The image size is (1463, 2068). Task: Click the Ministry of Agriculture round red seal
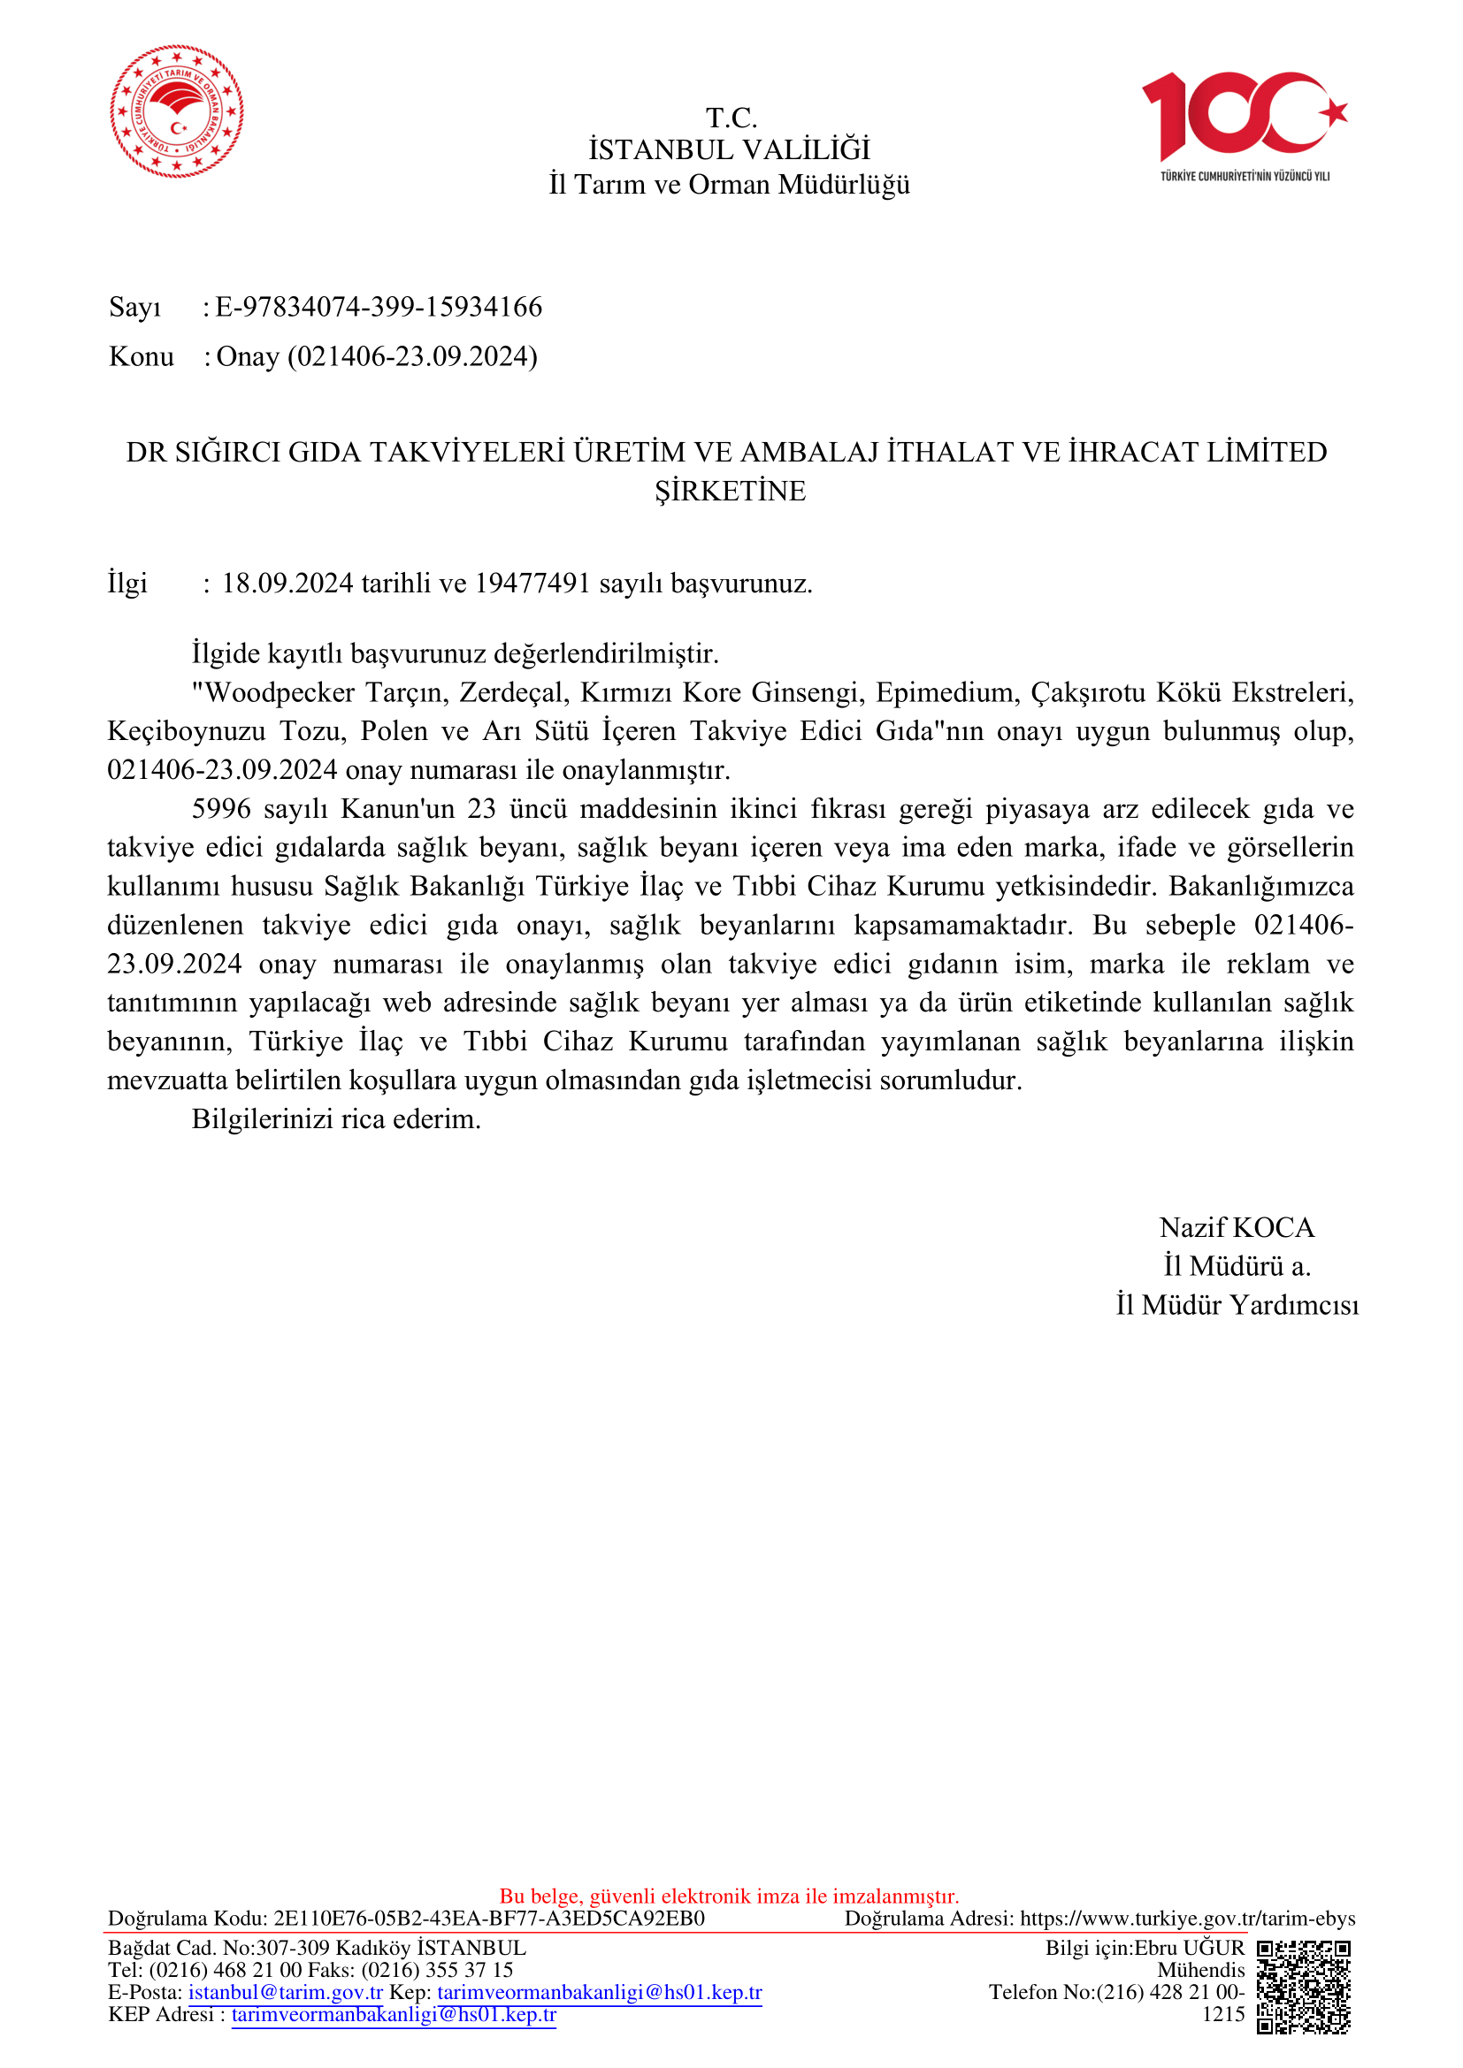click(177, 111)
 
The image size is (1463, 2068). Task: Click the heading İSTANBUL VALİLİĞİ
click(730, 149)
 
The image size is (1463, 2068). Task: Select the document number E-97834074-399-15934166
click(379, 307)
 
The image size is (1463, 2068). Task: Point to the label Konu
click(142, 356)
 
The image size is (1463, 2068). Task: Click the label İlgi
click(127, 584)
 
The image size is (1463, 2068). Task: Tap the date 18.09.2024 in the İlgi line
click(287, 584)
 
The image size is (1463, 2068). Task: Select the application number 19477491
click(532, 584)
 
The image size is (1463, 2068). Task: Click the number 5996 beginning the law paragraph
click(221, 809)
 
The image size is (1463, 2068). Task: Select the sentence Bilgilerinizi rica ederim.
click(336, 1118)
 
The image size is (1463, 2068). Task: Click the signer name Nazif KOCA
click(1237, 1228)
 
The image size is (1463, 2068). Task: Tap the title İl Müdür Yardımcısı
click(1237, 1305)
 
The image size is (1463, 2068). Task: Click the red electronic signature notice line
click(730, 1896)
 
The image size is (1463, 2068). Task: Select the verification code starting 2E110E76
click(489, 1919)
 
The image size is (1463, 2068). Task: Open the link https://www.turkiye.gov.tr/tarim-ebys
click(1187, 1919)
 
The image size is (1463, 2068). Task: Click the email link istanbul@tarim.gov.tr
click(286, 1992)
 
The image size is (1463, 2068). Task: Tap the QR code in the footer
click(1304, 1987)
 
